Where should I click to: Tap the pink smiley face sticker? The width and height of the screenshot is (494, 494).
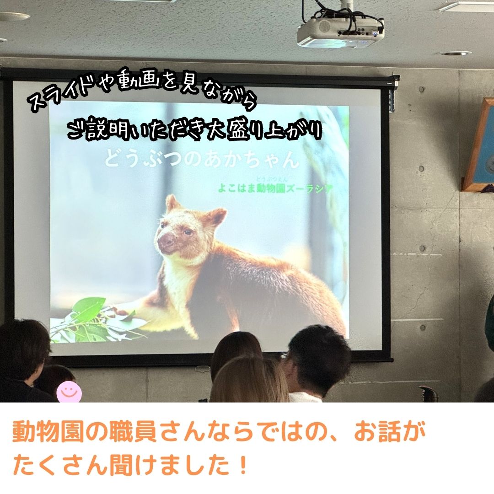[69, 392]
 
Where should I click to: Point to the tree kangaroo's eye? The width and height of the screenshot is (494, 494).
[188, 232]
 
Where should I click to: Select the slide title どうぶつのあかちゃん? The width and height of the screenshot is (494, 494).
[202, 158]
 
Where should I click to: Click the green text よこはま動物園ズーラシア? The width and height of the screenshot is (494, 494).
[275, 188]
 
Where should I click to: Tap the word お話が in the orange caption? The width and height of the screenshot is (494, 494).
[390, 432]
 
